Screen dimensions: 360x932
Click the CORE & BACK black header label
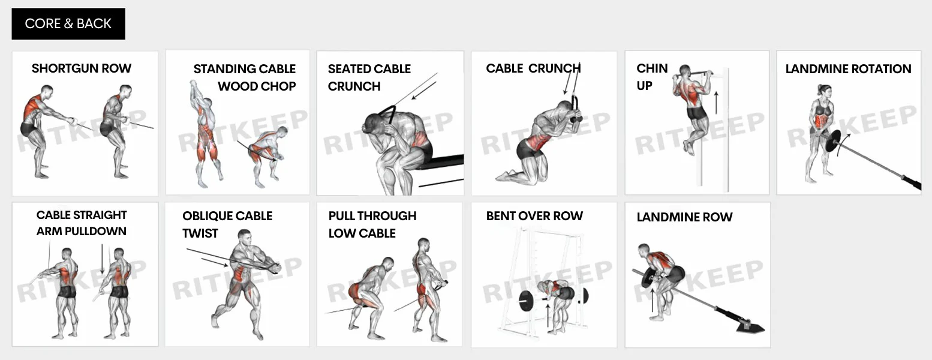pos(68,24)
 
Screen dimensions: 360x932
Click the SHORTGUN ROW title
pos(82,68)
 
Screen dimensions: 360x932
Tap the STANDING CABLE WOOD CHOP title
pos(245,77)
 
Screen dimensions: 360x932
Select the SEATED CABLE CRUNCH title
pos(369,77)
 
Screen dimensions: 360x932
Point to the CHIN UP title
pos(652,77)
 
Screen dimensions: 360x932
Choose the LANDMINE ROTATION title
pos(848,69)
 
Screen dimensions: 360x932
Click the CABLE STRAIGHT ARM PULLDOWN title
pos(82,223)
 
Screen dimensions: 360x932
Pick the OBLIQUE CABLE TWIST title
pos(227,224)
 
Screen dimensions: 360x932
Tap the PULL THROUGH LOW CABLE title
pos(372,224)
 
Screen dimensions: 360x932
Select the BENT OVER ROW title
pos(534,216)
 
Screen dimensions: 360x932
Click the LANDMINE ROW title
pos(684,217)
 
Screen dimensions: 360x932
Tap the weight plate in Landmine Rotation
pos(833,141)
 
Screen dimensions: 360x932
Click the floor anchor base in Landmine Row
pos(750,328)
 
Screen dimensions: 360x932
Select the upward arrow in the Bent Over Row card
pos(548,315)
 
